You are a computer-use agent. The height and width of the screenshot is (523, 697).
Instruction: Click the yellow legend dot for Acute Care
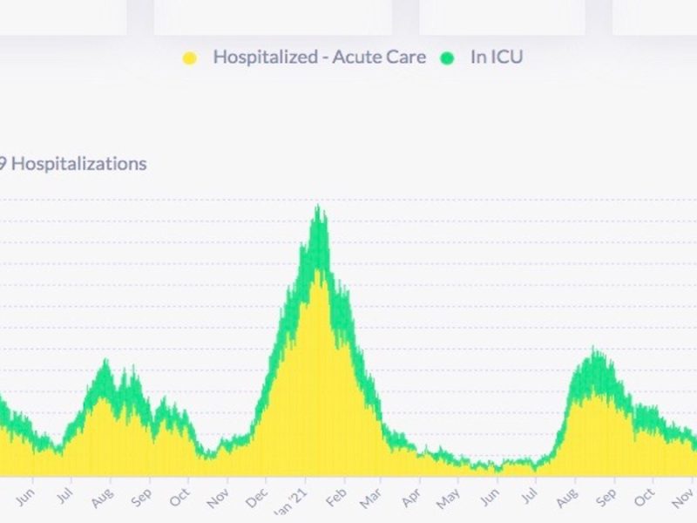(x=189, y=58)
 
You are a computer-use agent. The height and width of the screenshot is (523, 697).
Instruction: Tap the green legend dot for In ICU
(x=448, y=58)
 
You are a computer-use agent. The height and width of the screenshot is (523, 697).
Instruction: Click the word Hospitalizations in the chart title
(x=78, y=163)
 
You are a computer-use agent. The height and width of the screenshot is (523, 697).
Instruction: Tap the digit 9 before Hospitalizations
(x=3, y=163)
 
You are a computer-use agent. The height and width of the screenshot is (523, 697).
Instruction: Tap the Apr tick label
(x=409, y=499)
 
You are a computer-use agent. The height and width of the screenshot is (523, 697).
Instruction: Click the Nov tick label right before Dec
(x=217, y=499)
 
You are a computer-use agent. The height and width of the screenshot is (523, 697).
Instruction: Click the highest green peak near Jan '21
(x=319, y=207)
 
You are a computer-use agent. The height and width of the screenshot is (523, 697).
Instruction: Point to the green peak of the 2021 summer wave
(x=595, y=350)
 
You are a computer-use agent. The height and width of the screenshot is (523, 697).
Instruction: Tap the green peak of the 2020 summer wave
(x=105, y=361)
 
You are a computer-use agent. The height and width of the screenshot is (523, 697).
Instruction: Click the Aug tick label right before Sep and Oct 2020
(x=102, y=499)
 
